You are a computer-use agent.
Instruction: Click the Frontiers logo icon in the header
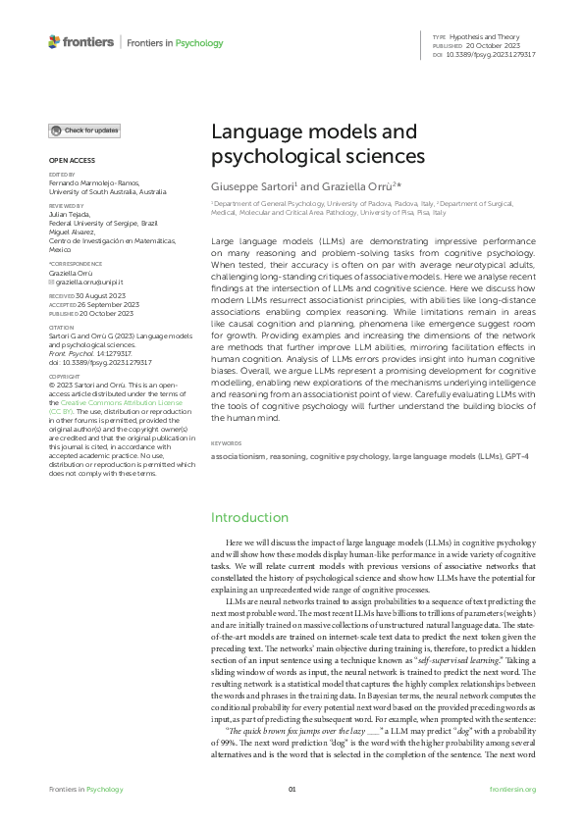54,42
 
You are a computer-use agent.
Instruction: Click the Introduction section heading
250,517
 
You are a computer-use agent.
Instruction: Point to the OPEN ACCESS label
72,159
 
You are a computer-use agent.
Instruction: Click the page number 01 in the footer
292,790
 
